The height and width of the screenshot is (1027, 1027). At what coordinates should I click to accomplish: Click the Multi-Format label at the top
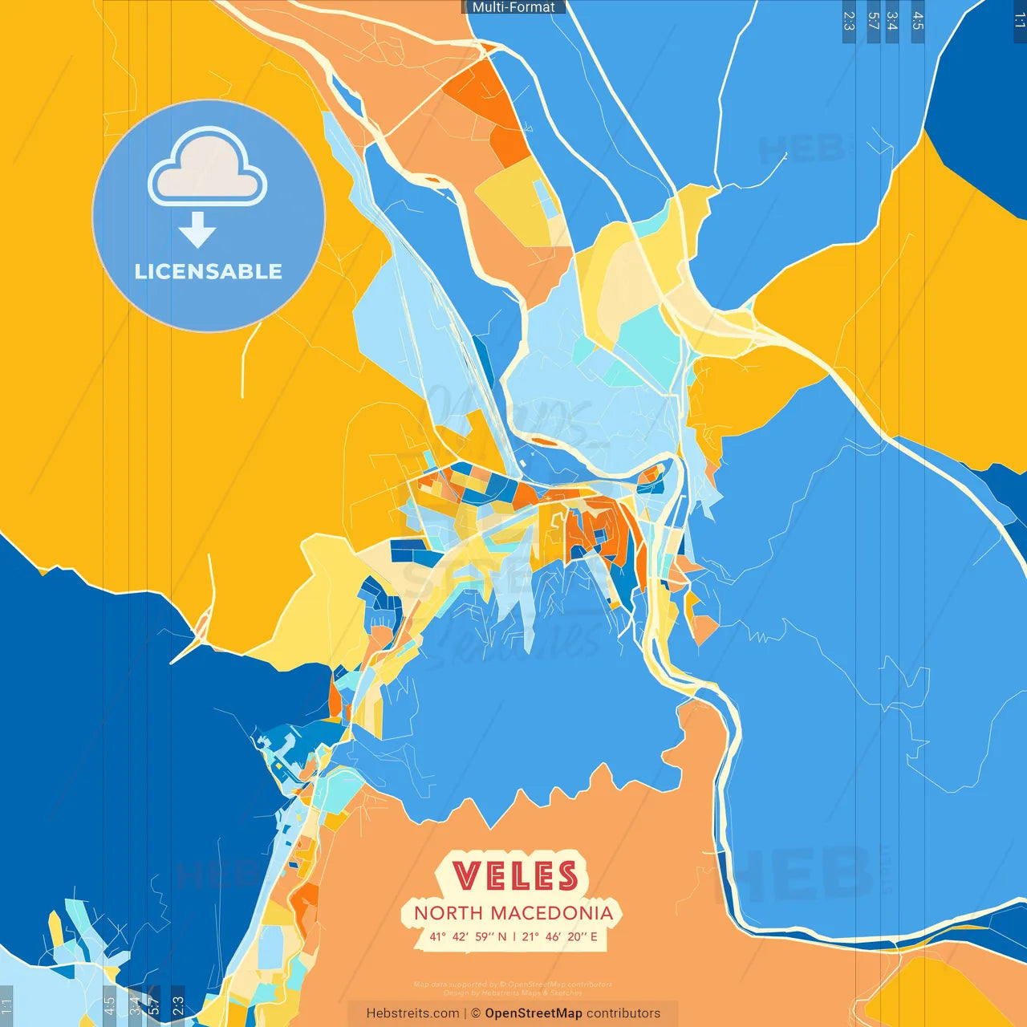513,7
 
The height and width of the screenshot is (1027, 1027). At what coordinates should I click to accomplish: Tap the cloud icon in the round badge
208,167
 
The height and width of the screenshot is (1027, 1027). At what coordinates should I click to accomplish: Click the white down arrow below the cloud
197,230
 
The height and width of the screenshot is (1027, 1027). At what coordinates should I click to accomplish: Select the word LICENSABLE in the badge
209,272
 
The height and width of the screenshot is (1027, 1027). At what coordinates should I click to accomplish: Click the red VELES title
514,875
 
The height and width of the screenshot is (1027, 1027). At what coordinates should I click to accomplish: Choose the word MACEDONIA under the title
551,913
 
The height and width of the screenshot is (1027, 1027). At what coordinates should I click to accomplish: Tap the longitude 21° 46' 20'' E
560,936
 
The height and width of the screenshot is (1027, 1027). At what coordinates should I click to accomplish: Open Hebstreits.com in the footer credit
412,1013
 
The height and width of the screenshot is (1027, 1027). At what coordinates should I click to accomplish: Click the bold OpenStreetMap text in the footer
534,1013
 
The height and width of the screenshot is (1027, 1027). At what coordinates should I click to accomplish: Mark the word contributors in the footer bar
623,1013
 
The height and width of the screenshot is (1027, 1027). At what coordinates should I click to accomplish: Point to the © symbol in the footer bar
476,1013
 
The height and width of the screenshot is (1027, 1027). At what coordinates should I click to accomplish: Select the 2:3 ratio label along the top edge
849,21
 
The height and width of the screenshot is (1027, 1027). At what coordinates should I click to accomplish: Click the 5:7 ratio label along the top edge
874,21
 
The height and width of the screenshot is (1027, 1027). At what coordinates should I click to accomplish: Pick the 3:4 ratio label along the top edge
892,21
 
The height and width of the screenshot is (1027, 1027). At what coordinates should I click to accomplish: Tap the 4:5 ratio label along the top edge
918,21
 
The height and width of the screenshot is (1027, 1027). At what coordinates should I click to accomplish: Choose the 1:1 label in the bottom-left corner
6,1006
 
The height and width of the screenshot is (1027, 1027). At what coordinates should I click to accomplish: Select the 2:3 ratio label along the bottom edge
178,1006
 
